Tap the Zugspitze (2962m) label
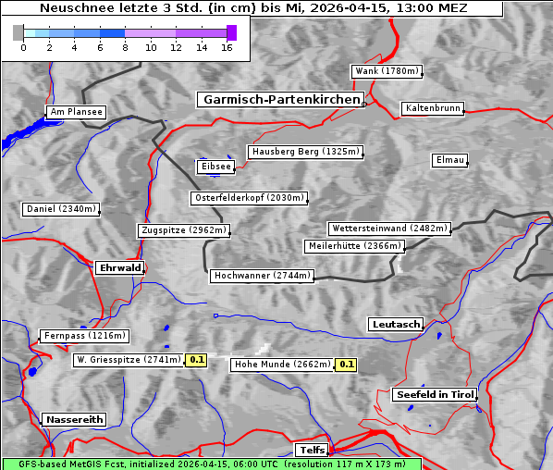coord(183,230)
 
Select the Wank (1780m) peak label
coord(387,71)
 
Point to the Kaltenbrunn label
coord(432,108)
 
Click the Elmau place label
coord(449,160)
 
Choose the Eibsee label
coord(215,167)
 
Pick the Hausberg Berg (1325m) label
coord(304,152)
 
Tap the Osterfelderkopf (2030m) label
coord(249,198)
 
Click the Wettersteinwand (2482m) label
coord(389,229)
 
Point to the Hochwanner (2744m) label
coord(263,276)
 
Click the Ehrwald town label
coord(119,268)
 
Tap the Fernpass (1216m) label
coord(84,336)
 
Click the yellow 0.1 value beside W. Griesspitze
coord(196,360)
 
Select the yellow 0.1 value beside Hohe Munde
coord(346,365)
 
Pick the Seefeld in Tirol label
coord(435,395)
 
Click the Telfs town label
coord(310,451)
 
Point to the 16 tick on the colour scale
coord(227,46)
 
